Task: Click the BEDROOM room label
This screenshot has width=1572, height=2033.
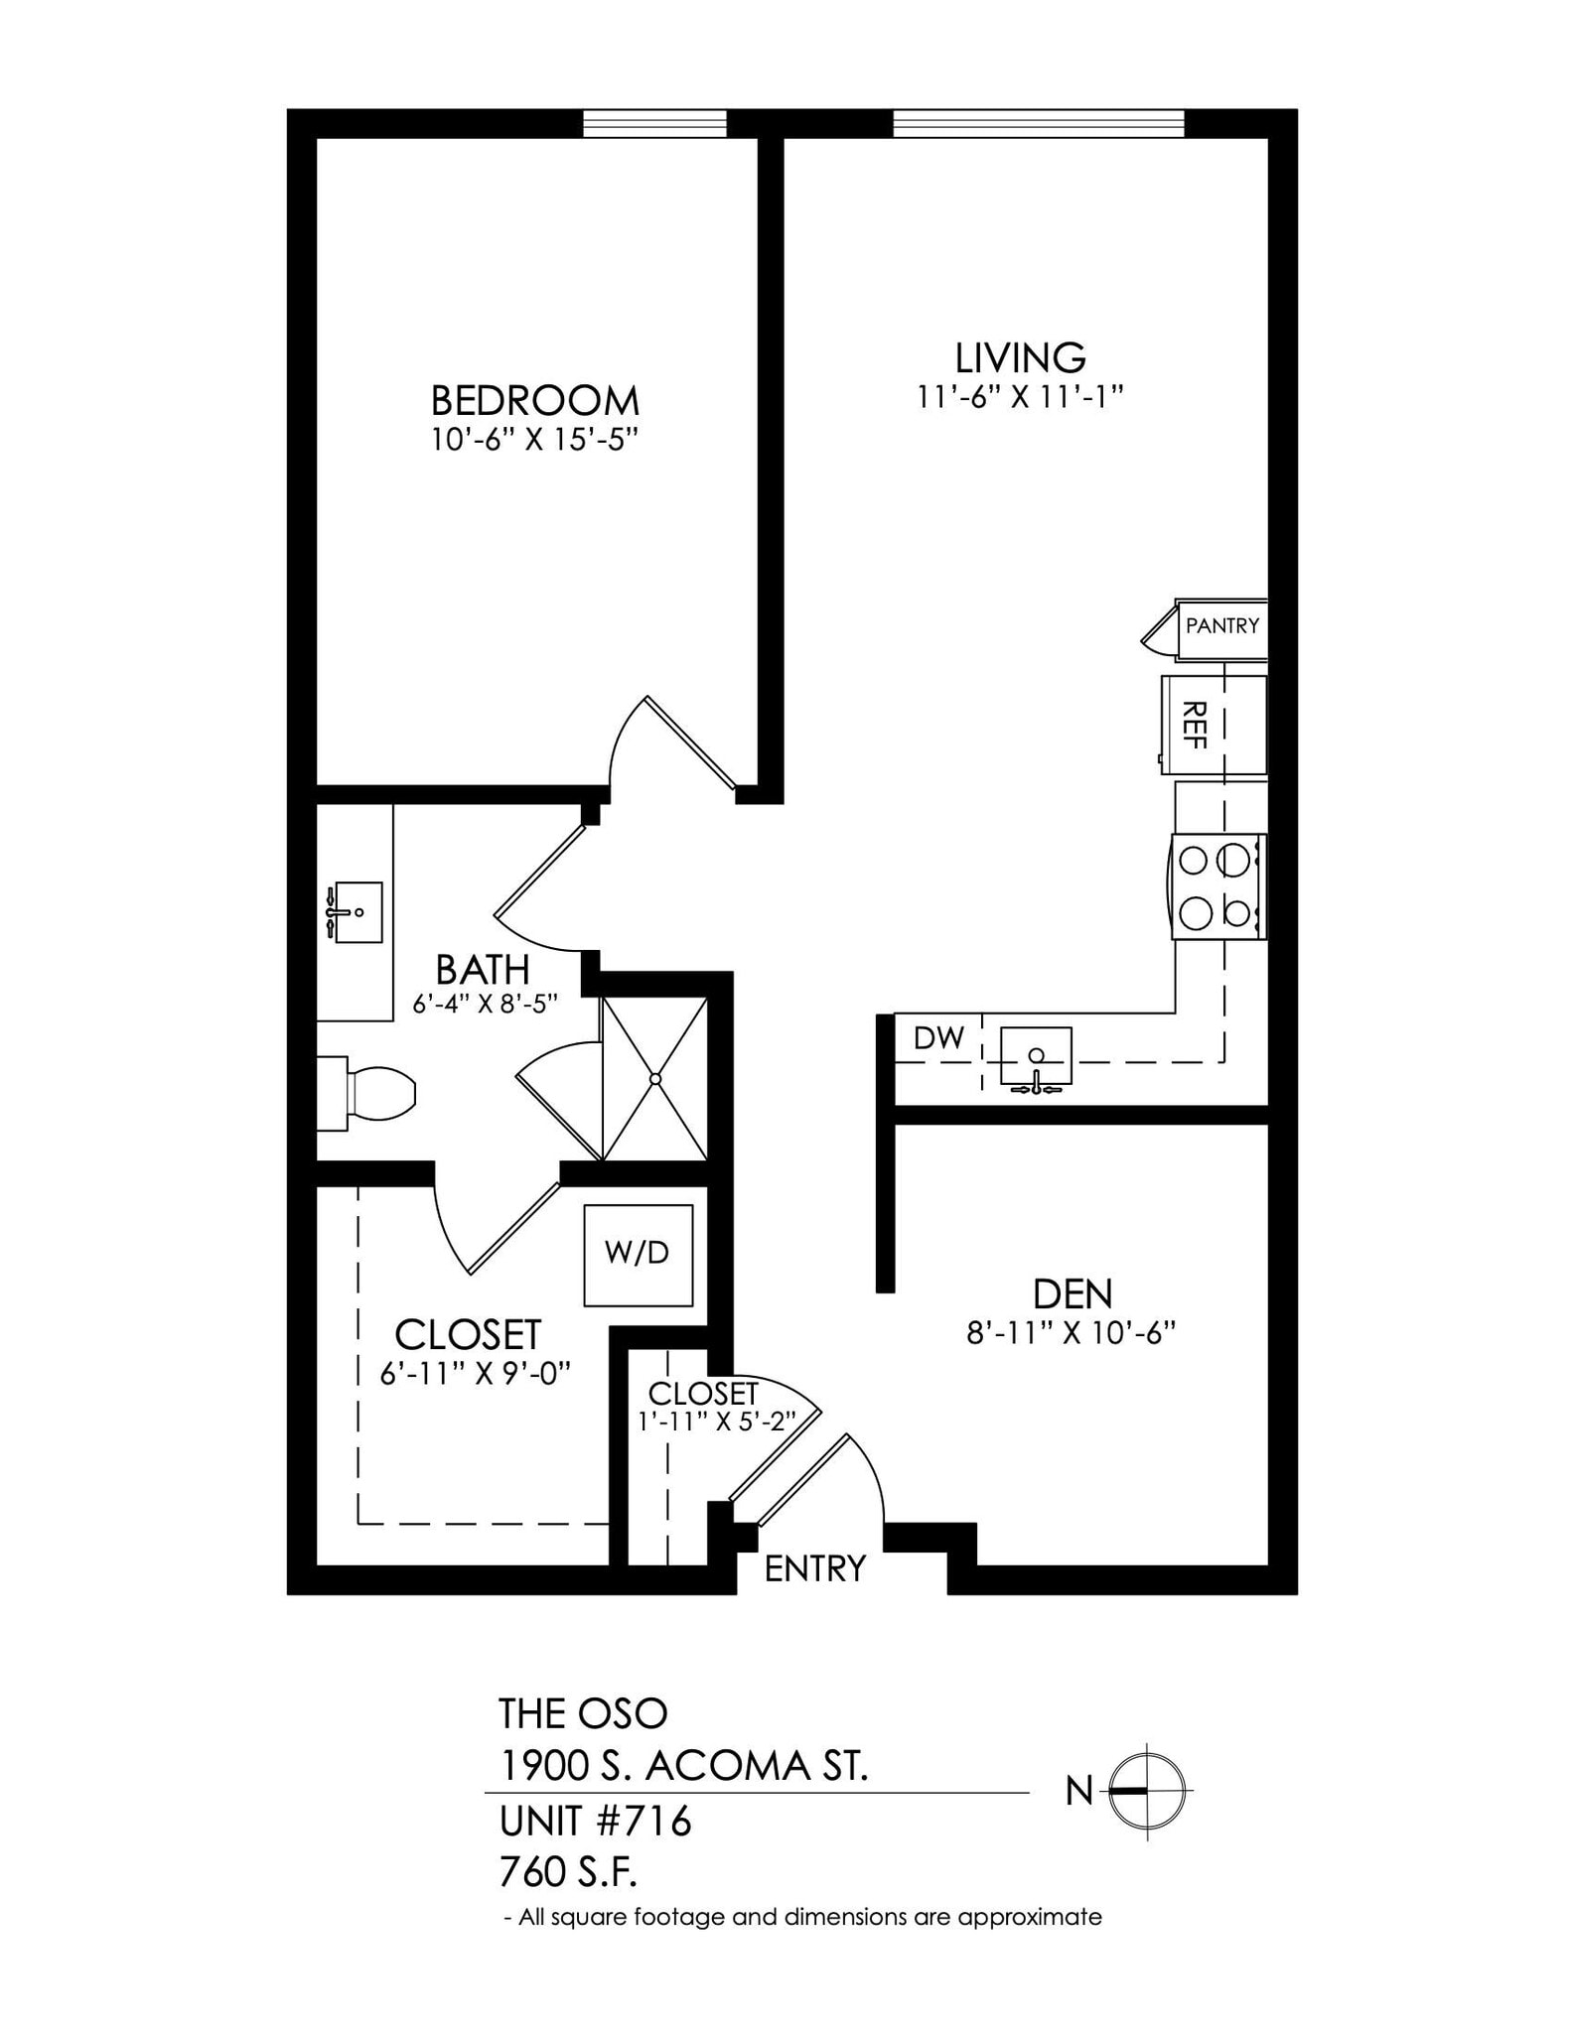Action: (x=534, y=400)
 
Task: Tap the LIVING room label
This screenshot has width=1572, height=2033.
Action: (x=1020, y=357)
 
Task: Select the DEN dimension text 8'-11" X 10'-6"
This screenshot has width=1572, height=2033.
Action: (x=1071, y=1332)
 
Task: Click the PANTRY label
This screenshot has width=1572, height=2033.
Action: (x=1221, y=626)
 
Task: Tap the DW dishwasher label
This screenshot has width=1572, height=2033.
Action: (x=938, y=1038)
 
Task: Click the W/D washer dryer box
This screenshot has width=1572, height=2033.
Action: (x=638, y=1255)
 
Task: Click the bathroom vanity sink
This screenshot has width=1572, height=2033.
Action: (x=357, y=911)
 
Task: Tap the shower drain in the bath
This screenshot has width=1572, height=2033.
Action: (x=655, y=1078)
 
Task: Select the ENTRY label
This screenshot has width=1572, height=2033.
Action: (x=815, y=1568)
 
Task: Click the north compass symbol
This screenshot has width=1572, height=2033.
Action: (x=1147, y=1791)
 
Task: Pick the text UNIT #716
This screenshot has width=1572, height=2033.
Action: (x=594, y=1822)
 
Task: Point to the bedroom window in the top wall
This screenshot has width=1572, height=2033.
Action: (x=654, y=124)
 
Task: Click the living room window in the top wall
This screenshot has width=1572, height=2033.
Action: (x=1039, y=124)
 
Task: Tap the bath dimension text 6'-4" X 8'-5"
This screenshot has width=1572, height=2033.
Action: (x=486, y=1004)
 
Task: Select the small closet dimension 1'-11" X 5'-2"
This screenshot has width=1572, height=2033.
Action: (x=712, y=1422)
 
